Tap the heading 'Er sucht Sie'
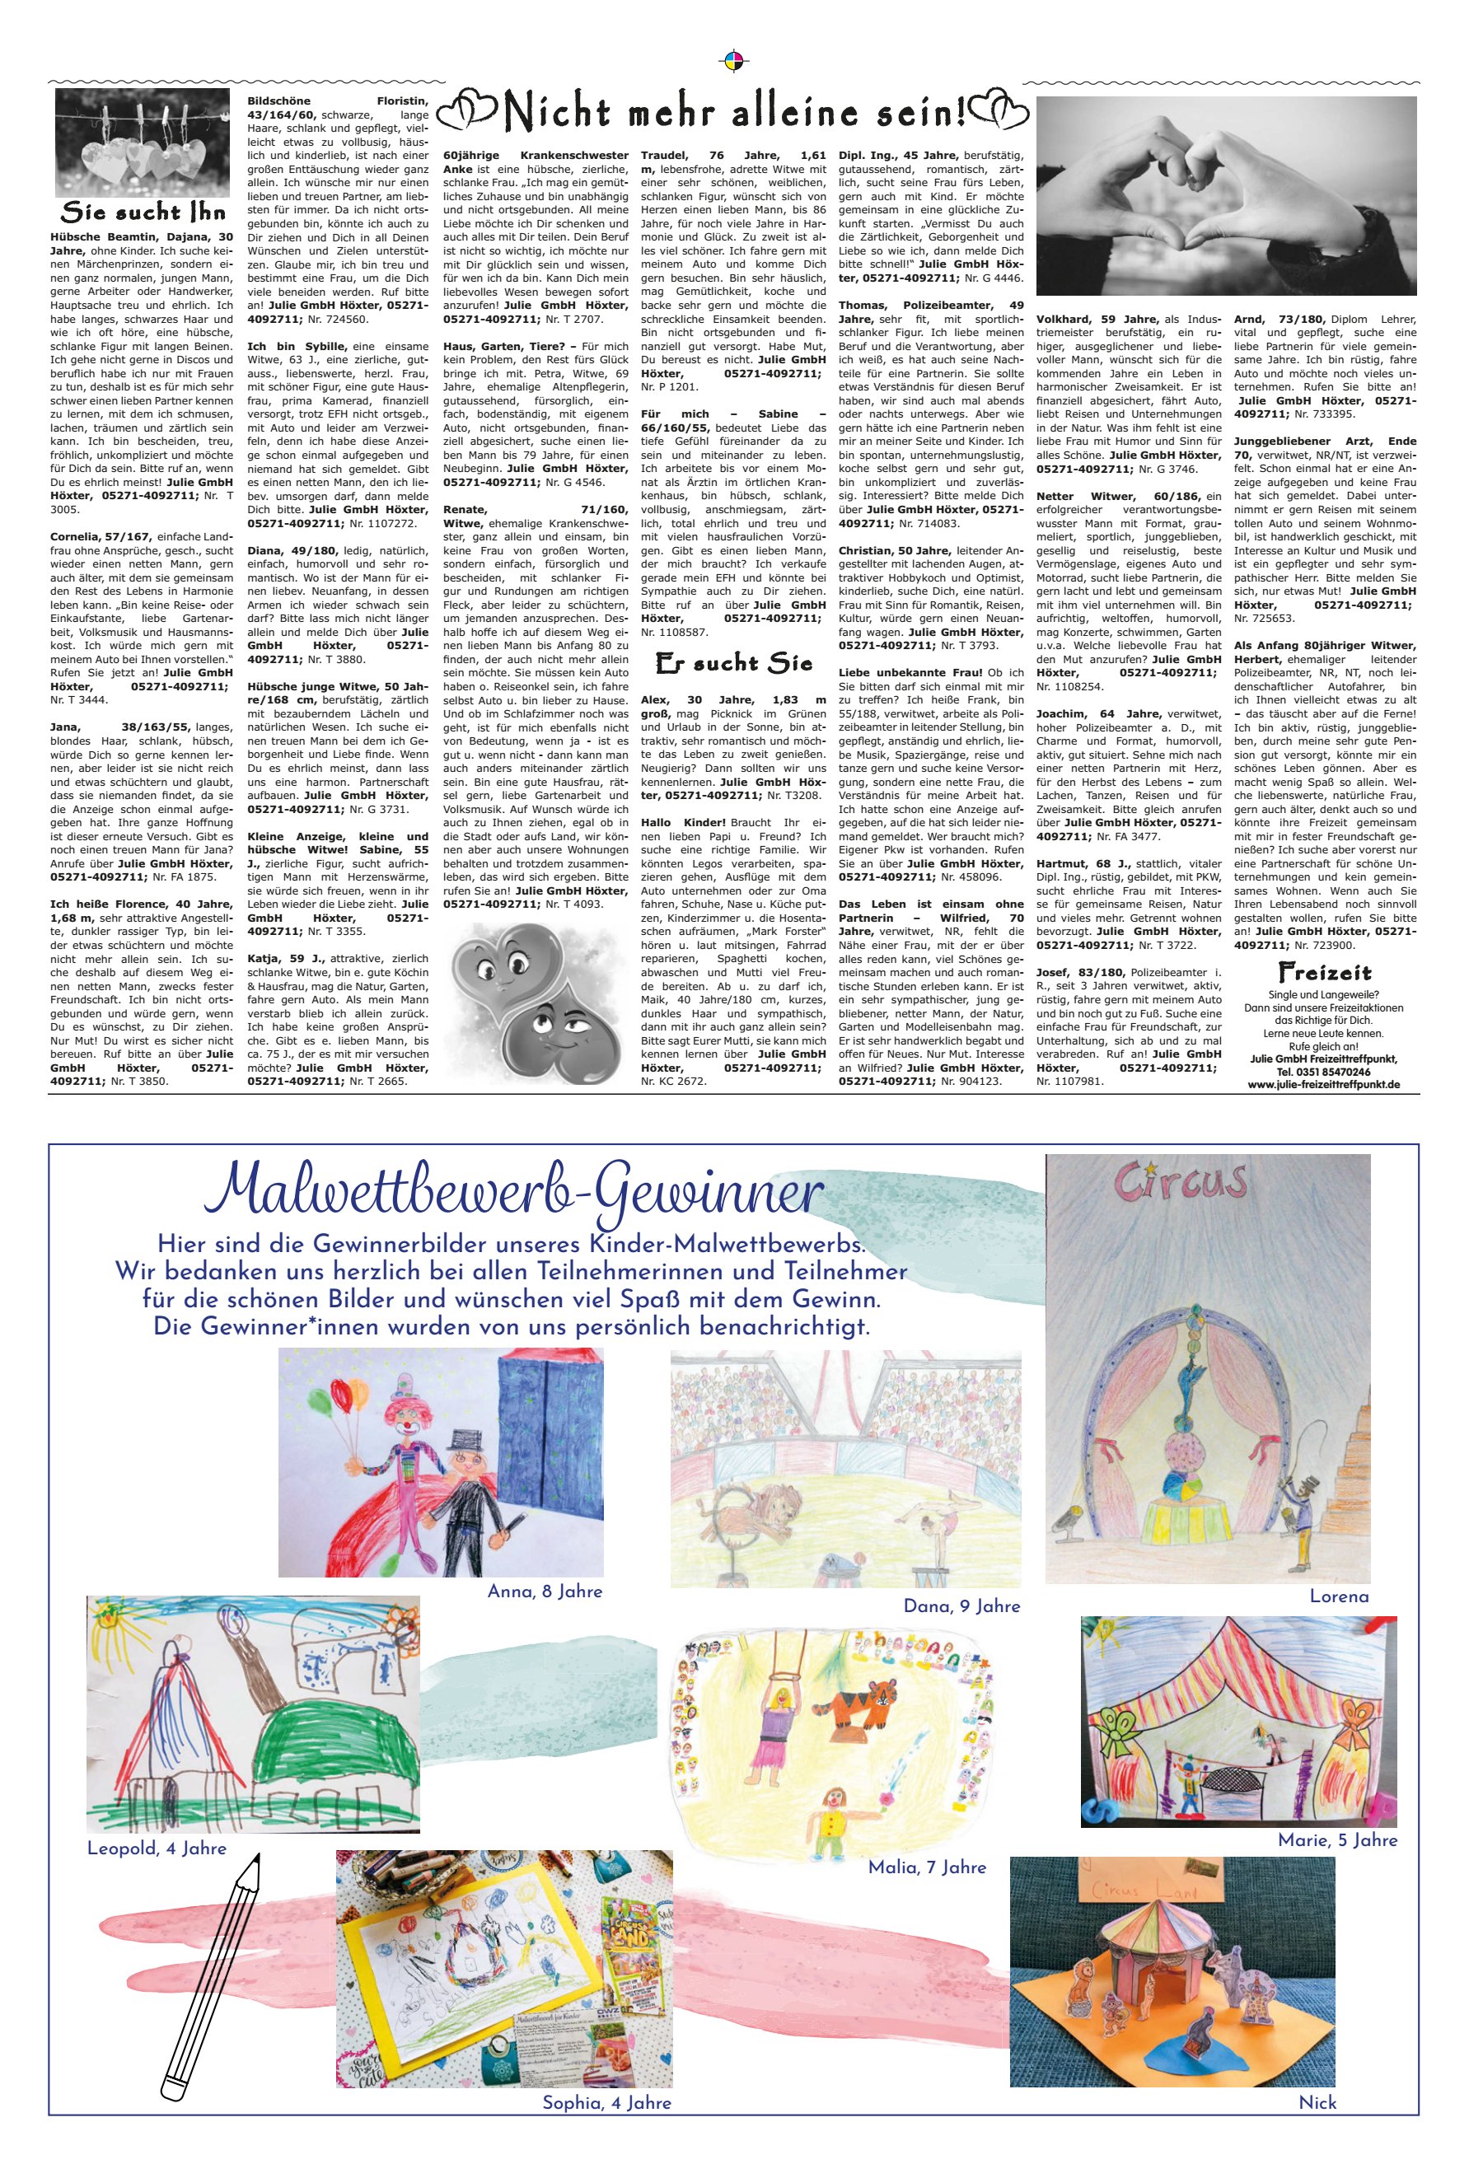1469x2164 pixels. coord(733,664)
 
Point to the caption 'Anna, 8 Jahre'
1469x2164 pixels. coord(545,1591)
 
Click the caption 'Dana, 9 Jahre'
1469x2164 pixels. coord(961,1605)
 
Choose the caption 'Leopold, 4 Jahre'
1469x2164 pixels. coord(157,1848)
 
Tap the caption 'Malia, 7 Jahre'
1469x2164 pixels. coord(926,1867)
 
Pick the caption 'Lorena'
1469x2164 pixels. coord(1339,1596)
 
